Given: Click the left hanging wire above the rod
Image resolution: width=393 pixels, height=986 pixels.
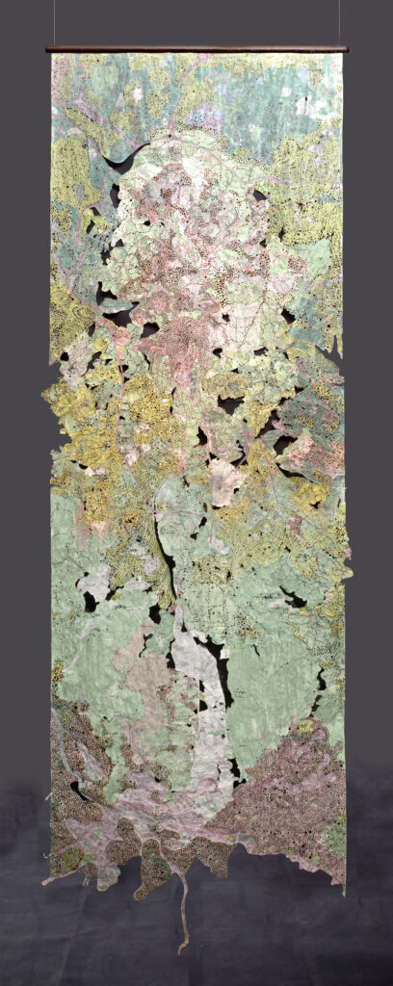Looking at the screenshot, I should pyautogui.click(x=54, y=21).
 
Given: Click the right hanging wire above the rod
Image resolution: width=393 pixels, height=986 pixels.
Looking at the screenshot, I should pyautogui.click(x=338, y=21).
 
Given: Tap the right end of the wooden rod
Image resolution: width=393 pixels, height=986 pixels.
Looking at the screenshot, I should pyautogui.click(x=346, y=48).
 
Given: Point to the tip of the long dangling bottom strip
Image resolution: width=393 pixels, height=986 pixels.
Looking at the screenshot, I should pyautogui.click(x=180, y=948).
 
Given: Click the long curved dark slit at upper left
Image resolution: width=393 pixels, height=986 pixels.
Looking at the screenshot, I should pyautogui.click(x=125, y=160).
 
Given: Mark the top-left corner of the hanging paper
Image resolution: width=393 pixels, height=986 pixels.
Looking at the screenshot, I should pyautogui.click(x=52, y=55).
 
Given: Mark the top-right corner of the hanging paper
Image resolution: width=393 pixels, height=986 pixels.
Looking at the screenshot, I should pyautogui.click(x=342, y=55).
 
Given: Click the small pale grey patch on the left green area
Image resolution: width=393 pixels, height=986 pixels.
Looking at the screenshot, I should pyautogui.click(x=94, y=584).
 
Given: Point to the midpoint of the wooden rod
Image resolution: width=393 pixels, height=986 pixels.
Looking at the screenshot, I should pyautogui.click(x=196, y=48).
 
